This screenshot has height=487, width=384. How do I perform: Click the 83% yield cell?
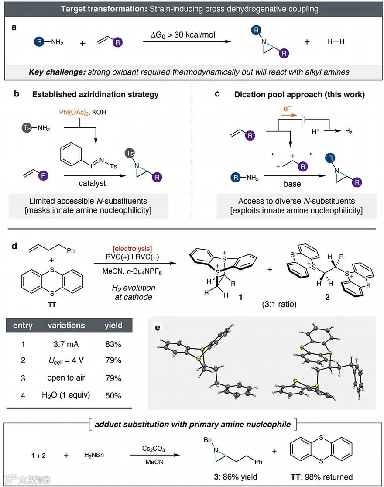click(x=112, y=344)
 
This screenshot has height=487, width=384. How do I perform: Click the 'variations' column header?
click(x=66, y=325)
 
